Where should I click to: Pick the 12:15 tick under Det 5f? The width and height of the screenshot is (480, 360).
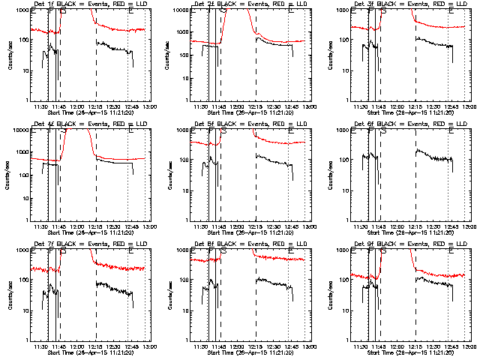[x=256, y=226]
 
